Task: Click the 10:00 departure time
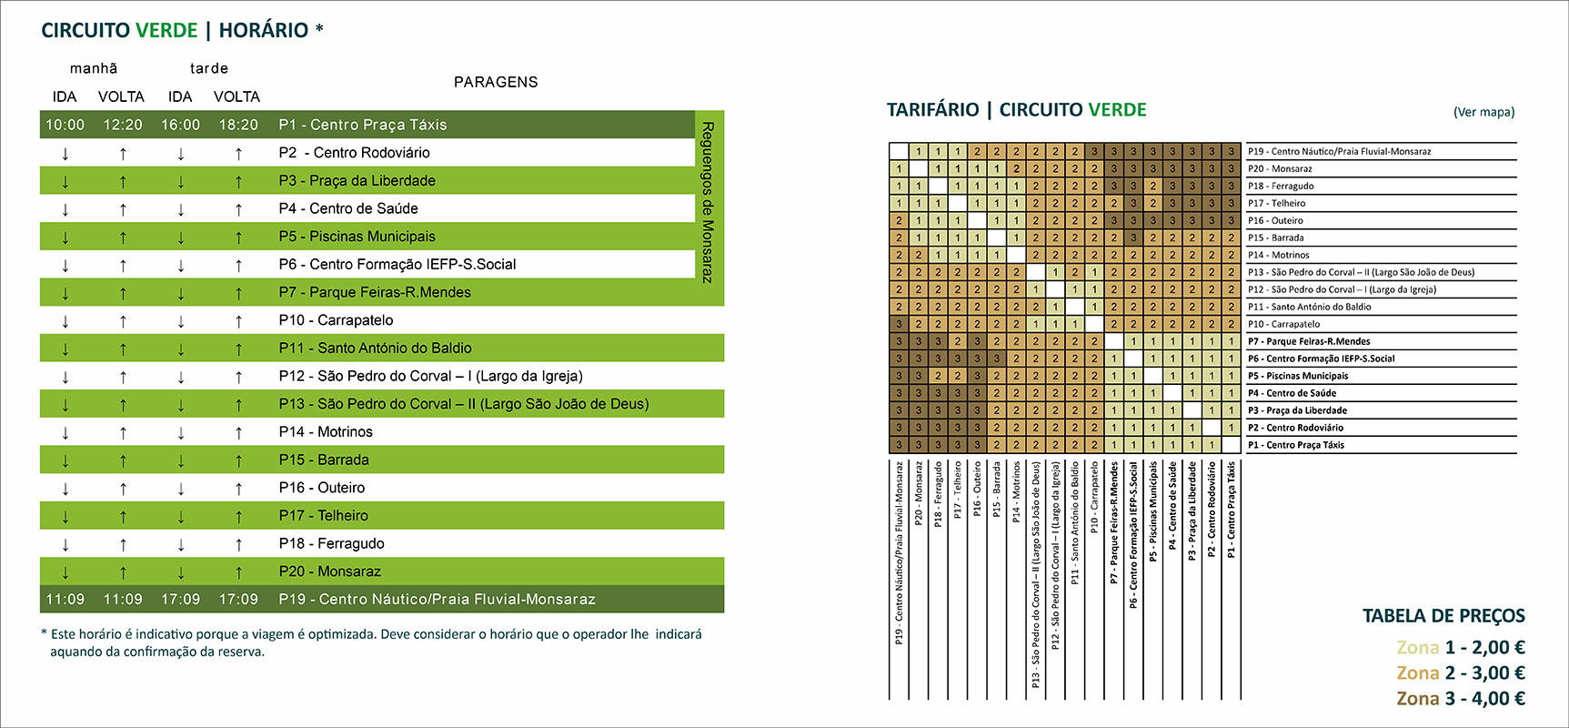65,125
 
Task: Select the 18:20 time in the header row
238,125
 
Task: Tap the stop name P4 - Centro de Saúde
348,208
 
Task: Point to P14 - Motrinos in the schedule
326,432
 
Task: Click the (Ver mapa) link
1484,112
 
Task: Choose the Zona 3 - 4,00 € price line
1461,699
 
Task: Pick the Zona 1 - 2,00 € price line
1461,648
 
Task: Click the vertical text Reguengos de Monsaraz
708,202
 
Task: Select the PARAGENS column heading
496,82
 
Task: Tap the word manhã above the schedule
94,68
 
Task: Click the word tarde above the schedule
209,68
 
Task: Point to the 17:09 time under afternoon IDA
180,600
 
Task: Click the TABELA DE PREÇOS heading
1443,616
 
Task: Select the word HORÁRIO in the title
264,30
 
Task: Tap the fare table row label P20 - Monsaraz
1280,169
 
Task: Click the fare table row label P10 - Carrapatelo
1283,324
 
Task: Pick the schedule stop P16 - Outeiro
322,488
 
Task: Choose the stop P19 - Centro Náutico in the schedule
437,600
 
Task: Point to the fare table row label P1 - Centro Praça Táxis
1295,445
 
